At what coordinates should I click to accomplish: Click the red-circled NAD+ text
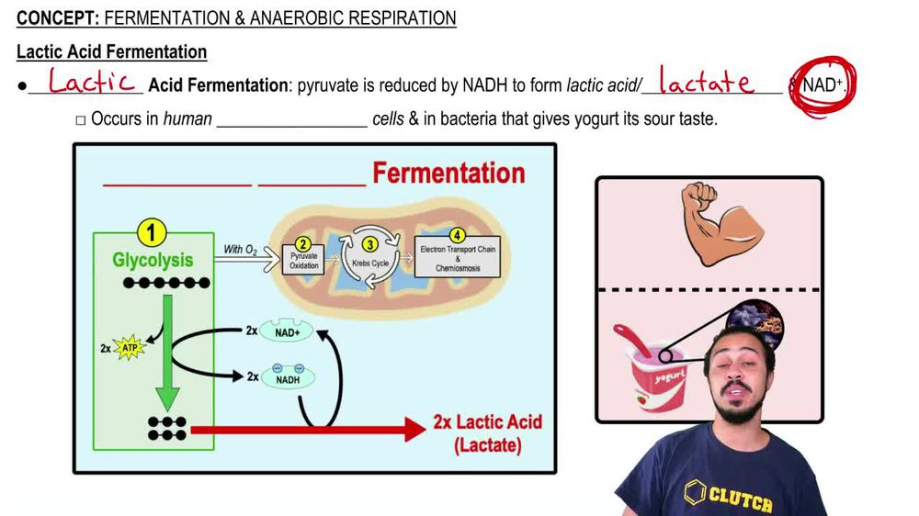pyautogui.click(x=823, y=85)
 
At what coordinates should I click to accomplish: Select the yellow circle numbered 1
pyautogui.click(x=152, y=232)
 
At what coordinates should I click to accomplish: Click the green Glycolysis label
pyautogui.click(x=153, y=260)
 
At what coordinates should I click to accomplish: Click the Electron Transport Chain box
pyautogui.click(x=457, y=253)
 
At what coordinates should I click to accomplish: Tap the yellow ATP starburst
pyautogui.click(x=129, y=349)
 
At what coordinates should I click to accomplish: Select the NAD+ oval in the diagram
pyautogui.click(x=287, y=332)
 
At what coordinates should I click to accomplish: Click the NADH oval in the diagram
pyautogui.click(x=287, y=376)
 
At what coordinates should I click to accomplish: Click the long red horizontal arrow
pyautogui.click(x=303, y=429)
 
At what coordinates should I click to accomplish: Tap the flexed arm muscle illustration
pyautogui.click(x=709, y=224)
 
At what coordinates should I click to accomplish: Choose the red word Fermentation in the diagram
pyautogui.click(x=448, y=173)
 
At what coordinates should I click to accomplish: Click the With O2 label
pyautogui.click(x=241, y=249)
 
